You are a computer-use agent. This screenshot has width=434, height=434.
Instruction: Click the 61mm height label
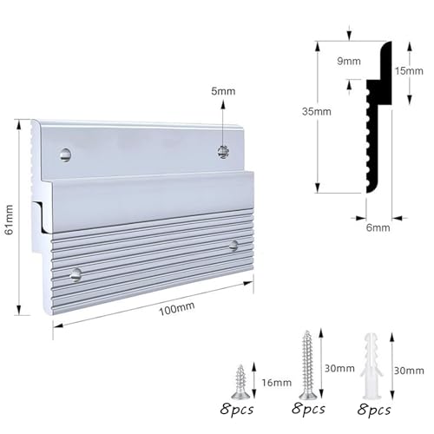point(10,220)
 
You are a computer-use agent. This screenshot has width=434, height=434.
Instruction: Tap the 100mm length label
point(177,308)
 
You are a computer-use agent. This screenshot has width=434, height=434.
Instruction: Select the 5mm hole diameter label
point(223,91)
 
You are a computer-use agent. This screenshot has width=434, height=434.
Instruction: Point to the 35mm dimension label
point(317,111)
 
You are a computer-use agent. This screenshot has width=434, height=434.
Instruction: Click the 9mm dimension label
point(349,61)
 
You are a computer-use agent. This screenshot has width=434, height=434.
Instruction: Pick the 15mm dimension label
point(409,71)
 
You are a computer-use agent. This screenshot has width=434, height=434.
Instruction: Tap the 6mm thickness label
point(378,227)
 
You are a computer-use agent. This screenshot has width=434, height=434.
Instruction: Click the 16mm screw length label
point(277,383)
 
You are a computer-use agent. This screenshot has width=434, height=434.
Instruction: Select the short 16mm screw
point(240,382)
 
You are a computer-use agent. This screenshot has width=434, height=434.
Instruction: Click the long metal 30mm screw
point(308,365)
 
